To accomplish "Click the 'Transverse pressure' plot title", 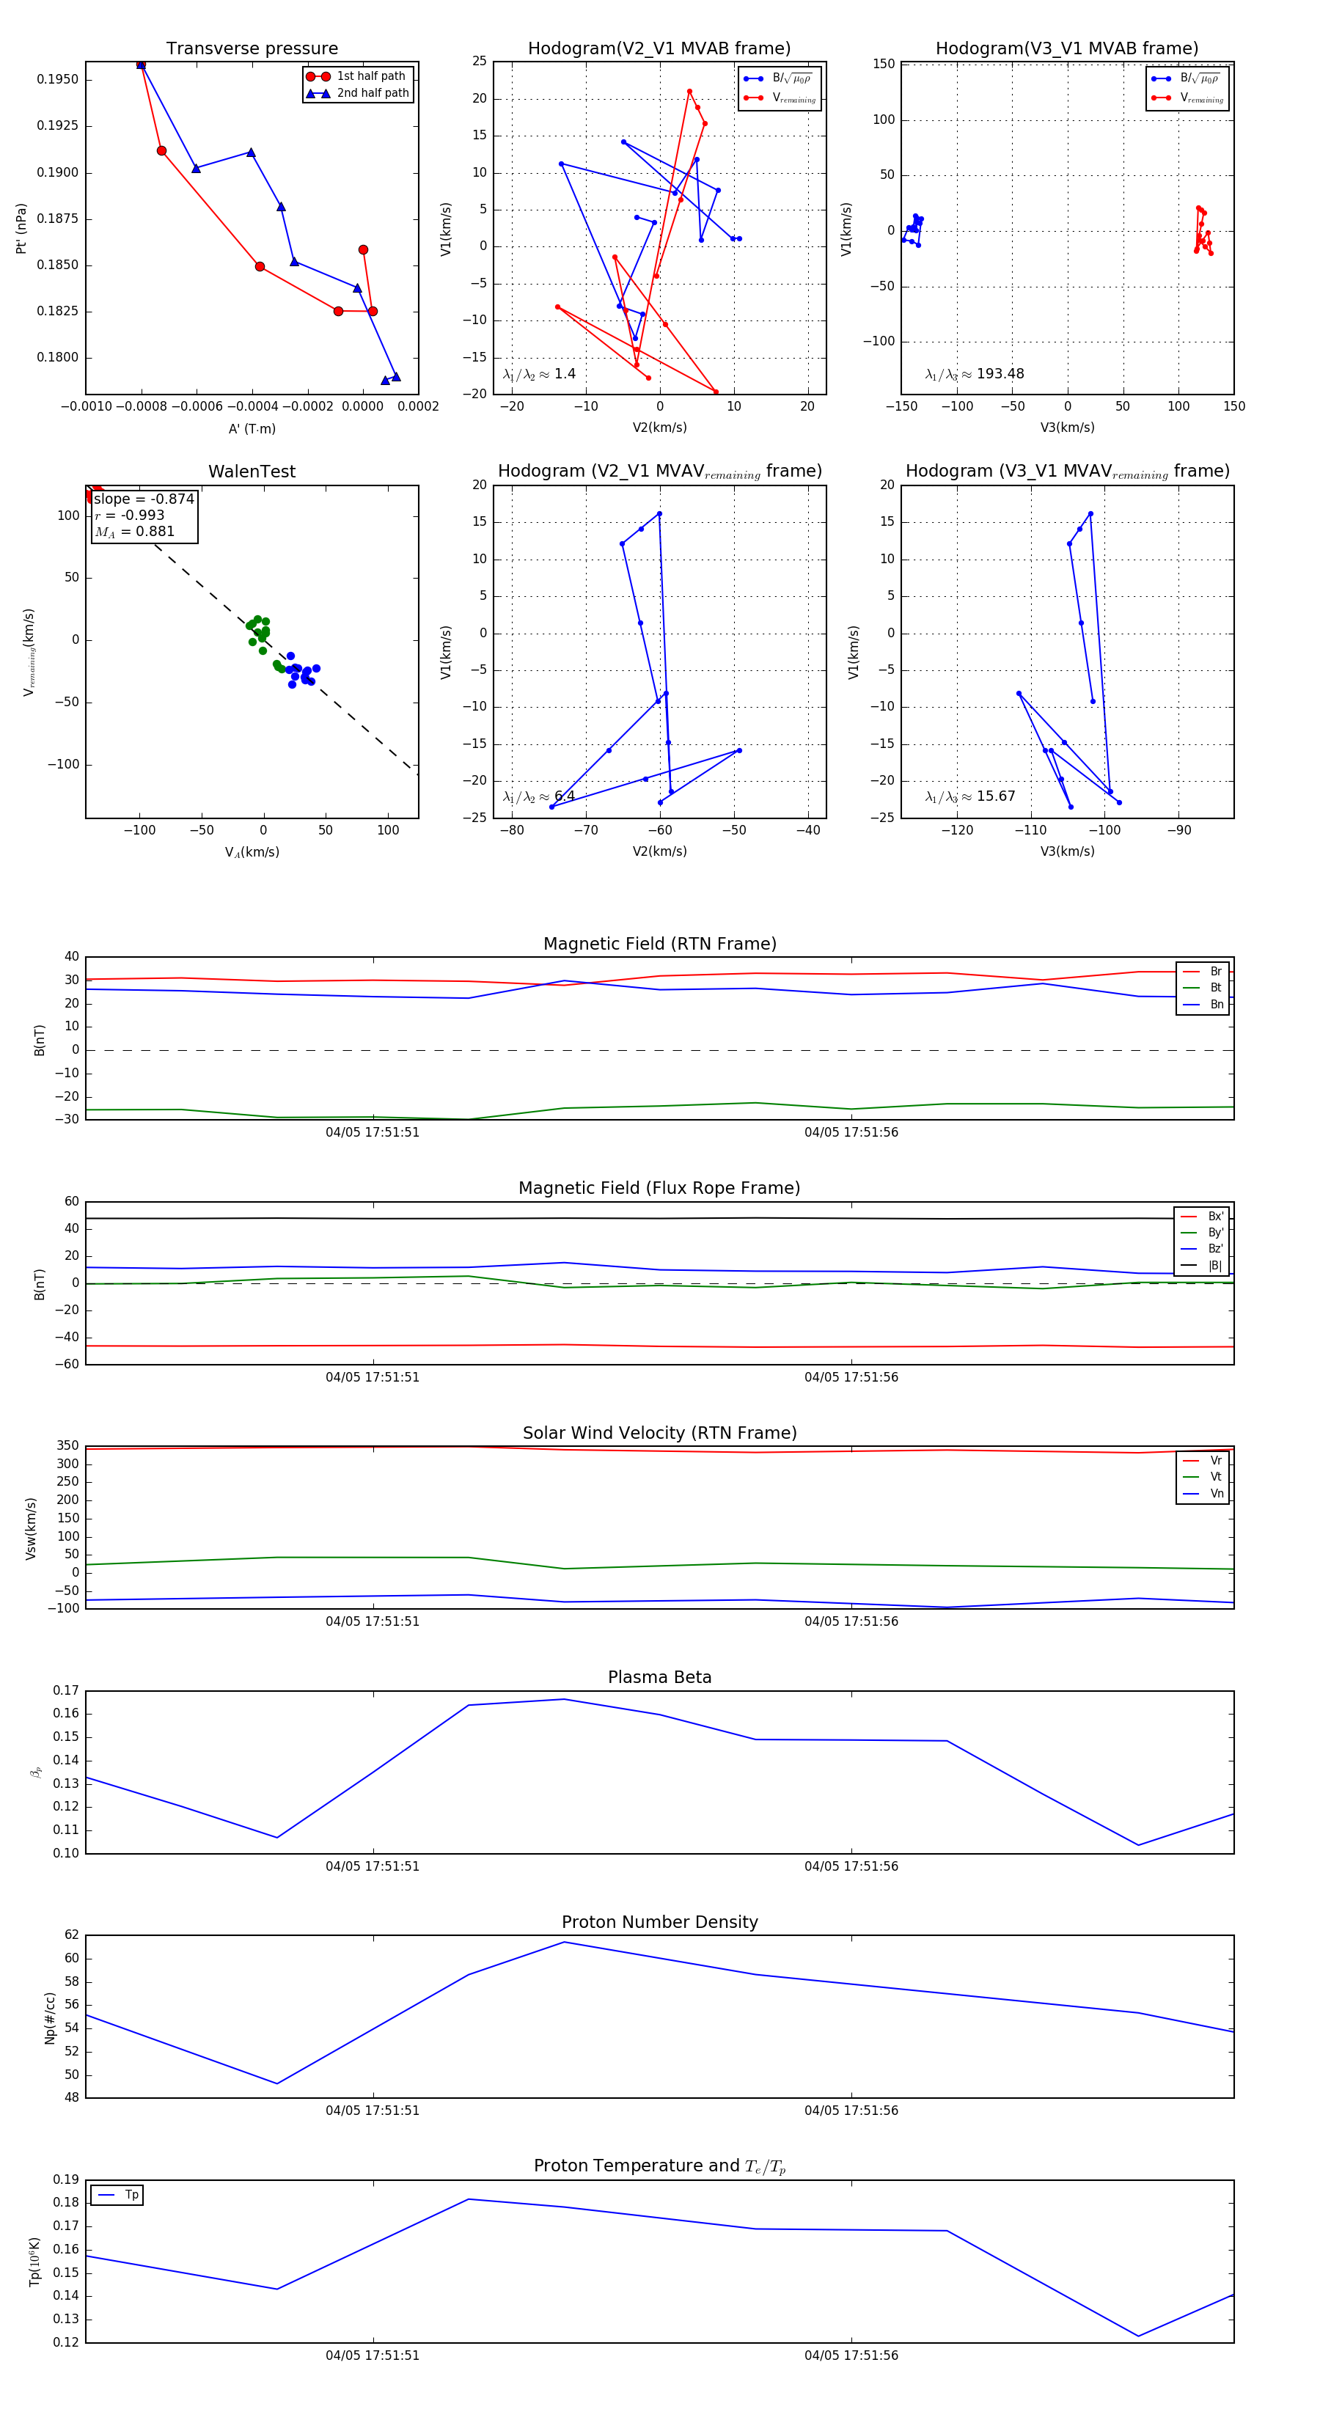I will (252, 49).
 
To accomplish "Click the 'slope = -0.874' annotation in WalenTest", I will (144, 499).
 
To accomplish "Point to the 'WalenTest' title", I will (252, 472).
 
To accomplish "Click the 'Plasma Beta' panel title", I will (659, 1678).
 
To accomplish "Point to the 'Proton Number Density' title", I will (659, 1922).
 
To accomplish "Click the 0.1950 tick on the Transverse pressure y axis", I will (57, 80).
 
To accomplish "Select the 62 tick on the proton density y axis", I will (71, 1935).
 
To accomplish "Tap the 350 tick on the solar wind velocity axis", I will (67, 1446).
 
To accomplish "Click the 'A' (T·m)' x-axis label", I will (252, 429).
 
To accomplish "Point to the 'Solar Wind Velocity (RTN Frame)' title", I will (659, 1433).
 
